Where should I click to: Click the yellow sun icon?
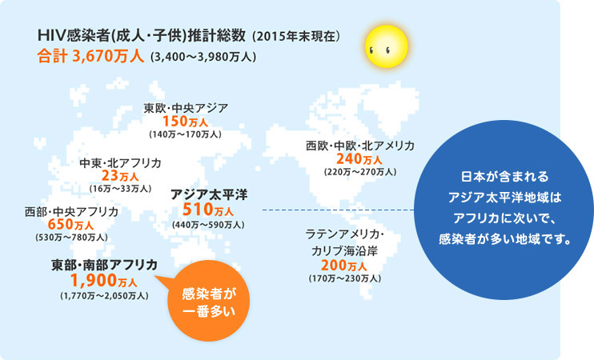pos(387,46)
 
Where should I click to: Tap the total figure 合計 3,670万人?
pos(90,57)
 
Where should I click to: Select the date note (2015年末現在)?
pos(296,36)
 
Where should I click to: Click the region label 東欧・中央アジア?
pos(186,108)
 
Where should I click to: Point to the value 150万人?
pos(185,122)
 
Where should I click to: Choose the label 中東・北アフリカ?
pos(120,163)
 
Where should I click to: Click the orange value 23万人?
pos(120,176)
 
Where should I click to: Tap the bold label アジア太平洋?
pos(209,194)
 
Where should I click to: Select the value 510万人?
pos(208,210)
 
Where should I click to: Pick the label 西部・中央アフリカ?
pos(71,212)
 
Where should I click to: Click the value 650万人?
pos(70,225)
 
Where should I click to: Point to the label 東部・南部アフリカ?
pos(104,265)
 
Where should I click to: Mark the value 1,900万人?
pos(104,281)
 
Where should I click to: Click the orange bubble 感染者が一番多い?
pos(209,301)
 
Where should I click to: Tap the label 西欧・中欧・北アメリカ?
pos(360,146)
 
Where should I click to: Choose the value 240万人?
pos(359,159)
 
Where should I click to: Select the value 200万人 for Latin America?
pos(344,266)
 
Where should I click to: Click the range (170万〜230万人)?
pos(345,278)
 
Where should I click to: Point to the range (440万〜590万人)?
pos(208,225)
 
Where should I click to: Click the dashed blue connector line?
pos(339,210)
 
